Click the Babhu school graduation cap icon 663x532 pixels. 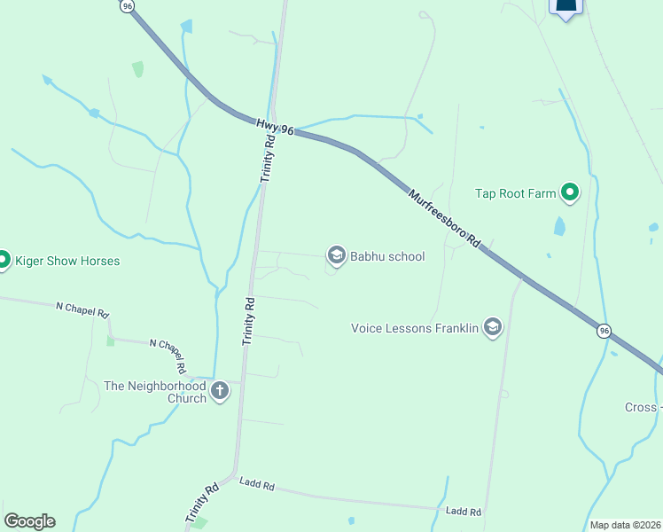click(x=336, y=256)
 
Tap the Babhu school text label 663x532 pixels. click(x=387, y=257)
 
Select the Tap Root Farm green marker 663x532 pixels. click(x=570, y=193)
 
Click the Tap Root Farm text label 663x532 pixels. click(x=515, y=193)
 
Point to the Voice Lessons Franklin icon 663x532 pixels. click(x=493, y=328)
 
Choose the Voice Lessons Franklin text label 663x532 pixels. click(x=415, y=328)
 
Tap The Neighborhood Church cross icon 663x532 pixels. click(x=220, y=390)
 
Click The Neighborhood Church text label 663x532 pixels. click(x=155, y=392)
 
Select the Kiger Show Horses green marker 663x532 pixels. click(x=3, y=261)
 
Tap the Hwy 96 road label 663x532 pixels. click(x=276, y=128)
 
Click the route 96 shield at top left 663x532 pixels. click(x=128, y=5)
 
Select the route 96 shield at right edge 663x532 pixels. click(x=604, y=330)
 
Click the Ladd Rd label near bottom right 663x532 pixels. click(x=463, y=512)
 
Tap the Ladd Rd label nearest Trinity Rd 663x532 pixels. click(x=257, y=484)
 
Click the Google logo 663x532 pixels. click(x=29, y=521)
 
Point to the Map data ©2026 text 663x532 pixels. click(x=625, y=525)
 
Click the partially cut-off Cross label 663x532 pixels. click(x=643, y=407)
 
